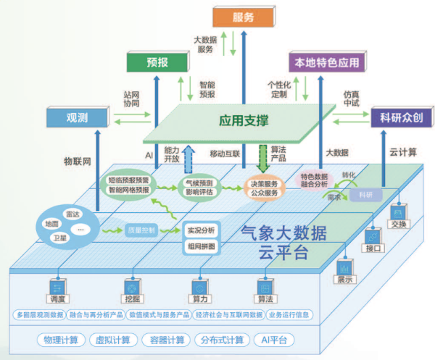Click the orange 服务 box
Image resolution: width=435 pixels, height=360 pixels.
click(244, 17)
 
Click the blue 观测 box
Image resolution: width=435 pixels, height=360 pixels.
click(77, 117)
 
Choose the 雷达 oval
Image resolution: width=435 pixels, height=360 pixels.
click(73, 214)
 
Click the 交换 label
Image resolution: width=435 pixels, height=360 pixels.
click(398, 224)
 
